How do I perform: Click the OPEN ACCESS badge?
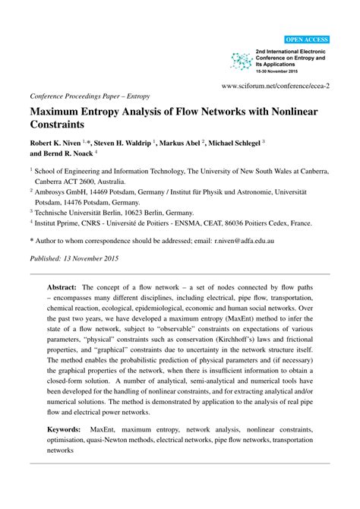pos(307,39)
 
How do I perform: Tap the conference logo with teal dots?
pos(242,61)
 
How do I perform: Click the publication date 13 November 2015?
pos(99,258)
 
